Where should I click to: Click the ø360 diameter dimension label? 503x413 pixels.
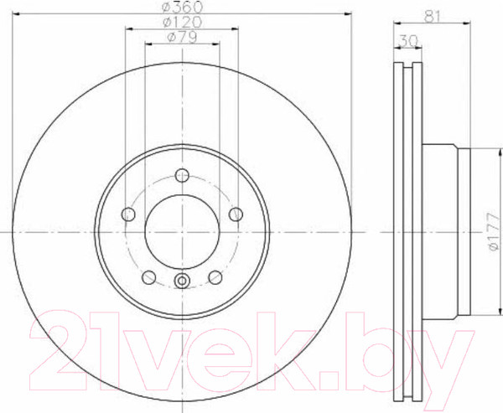(x=182, y=6)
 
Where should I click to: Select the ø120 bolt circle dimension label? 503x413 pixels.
(x=182, y=22)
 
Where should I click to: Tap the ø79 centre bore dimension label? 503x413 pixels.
(x=182, y=38)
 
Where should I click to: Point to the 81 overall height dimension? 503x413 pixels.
(x=432, y=16)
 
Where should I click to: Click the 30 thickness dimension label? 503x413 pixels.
(x=408, y=41)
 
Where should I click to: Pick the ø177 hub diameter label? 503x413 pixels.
(x=494, y=231)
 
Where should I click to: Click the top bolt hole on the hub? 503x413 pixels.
(x=182, y=175)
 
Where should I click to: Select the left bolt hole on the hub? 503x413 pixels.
(x=128, y=214)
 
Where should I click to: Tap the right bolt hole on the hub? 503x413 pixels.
(x=236, y=214)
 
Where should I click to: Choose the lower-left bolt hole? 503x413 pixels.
(x=148, y=277)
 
